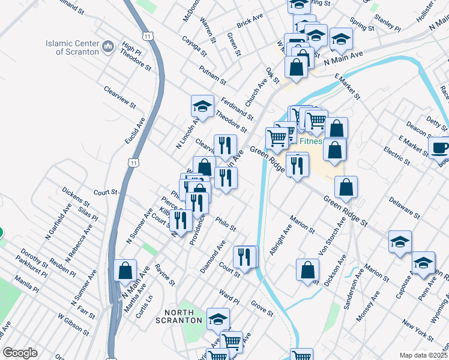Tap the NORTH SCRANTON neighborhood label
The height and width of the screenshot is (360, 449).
coord(182,316)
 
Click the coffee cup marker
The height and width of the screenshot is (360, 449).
coord(440,148)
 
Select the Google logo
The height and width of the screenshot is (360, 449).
coord(20,353)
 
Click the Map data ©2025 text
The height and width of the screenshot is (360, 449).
coord(423,355)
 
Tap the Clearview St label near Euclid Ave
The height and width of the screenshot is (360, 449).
coord(120,97)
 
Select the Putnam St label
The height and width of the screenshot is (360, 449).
coord(214,76)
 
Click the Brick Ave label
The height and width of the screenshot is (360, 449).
coord(250,21)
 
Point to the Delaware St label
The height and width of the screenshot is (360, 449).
coord(403,206)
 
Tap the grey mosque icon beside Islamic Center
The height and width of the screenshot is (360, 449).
coord(109,47)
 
